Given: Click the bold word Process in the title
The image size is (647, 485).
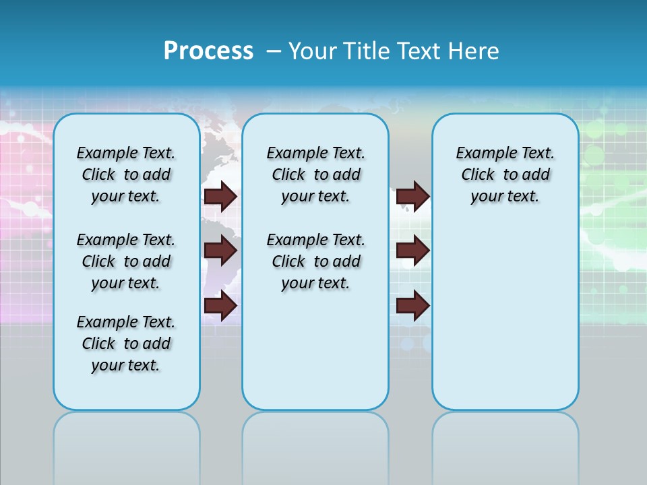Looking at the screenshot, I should tap(208, 51).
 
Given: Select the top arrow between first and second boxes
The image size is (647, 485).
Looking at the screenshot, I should tap(220, 196).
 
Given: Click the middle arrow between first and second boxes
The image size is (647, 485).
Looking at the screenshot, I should tap(220, 251).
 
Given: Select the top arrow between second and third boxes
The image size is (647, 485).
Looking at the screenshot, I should tap(412, 196).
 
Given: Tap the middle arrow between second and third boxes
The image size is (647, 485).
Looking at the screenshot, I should tap(412, 251).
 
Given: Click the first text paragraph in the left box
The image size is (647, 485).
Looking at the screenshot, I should tap(126, 174).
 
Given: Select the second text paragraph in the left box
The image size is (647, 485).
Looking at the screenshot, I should tap(126, 261).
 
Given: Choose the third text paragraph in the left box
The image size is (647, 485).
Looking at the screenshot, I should tap(126, 344).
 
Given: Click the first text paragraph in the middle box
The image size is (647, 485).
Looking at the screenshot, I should tap(315, 174).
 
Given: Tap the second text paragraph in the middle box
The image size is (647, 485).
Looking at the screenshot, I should tap(315, 261).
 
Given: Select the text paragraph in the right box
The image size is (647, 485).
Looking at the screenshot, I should tap(505, 174).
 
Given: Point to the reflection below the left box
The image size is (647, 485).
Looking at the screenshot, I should tap(127, 445).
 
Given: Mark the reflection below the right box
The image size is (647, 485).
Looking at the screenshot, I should tap(505, 445).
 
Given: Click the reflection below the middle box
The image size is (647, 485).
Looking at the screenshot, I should tap(315, 445).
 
